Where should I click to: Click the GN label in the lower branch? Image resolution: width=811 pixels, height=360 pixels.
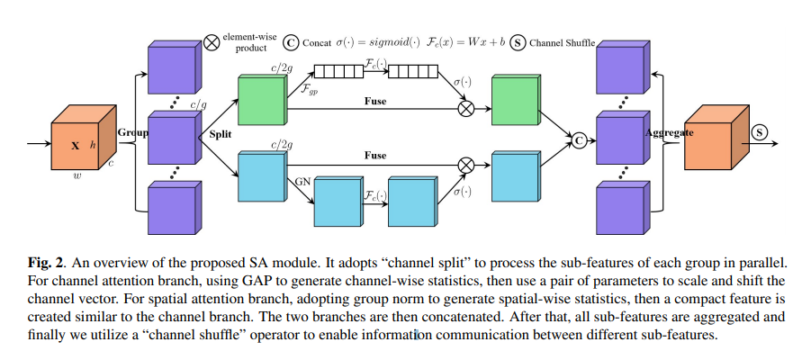[302, 181]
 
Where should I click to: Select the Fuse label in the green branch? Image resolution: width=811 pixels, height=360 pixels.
[375, 101]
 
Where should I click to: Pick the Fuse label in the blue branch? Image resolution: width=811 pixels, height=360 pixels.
[375, 155]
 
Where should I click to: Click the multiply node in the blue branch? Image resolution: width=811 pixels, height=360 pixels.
[466, 165]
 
